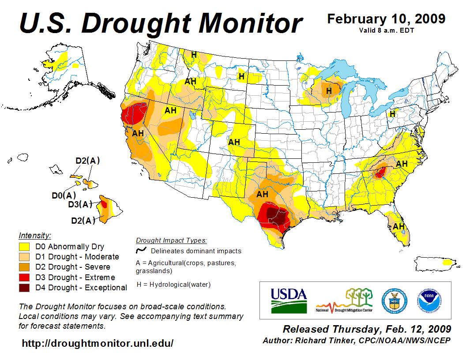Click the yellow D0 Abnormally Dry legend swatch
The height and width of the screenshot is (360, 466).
[x=24, y=247]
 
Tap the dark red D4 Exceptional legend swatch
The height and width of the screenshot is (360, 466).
[x=24, y=288]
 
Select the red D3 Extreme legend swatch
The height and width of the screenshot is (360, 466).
[x=24, y=277]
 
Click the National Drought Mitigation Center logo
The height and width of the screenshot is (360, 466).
[x=345, y=300]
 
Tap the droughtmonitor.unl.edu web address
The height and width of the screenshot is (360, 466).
[x=98, y=343]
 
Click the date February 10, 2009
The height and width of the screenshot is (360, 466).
[x=386, y=19]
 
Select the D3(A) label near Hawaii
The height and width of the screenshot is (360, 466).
[x=80, y=204]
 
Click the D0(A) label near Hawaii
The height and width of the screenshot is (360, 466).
[x=64, y=195]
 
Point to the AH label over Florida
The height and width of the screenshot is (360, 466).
[x=399, y=226]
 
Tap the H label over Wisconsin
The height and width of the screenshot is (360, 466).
[x=328, y=91]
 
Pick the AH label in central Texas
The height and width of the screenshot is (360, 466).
[x=262, y=194]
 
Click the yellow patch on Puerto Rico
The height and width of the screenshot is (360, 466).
[x=448, y=262]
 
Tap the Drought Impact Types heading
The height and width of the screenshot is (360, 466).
[x=171, y=240]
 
